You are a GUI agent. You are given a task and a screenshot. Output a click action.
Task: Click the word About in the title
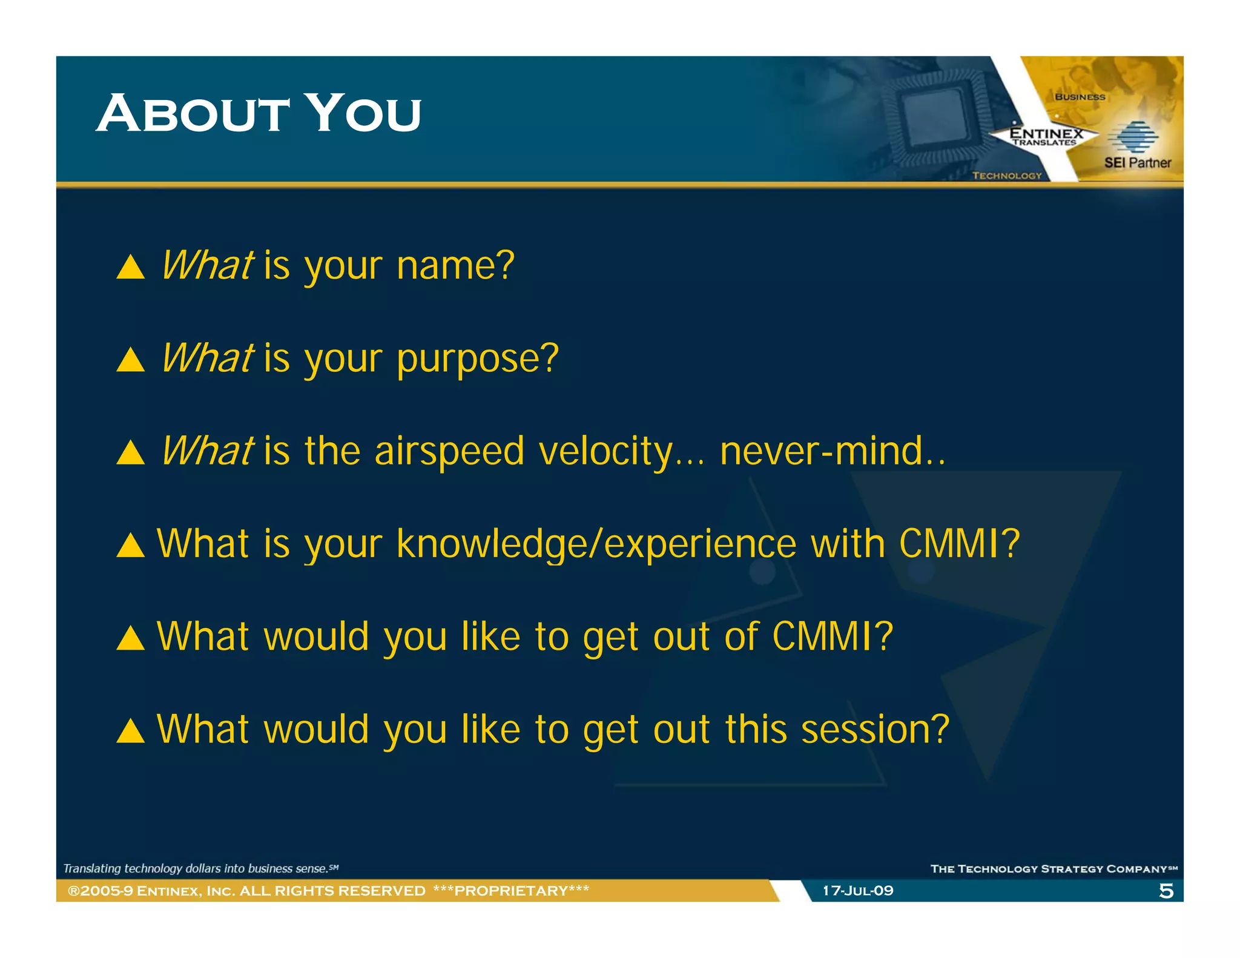pyautogui.click(x=193, y=114)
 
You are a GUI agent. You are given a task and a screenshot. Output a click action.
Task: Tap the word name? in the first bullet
pyautogui.click(x=455, y=266)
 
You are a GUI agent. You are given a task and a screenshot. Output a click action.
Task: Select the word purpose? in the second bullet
pyautogui.click(x=477, y=359)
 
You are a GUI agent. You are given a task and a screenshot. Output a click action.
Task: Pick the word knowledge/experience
pyautogui.click(x=596, y=544)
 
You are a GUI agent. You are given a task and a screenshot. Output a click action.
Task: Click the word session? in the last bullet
pyautogui.click(x=875, y=729)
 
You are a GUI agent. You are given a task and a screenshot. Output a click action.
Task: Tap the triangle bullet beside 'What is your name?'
pyautogui.click(x=130, y=267)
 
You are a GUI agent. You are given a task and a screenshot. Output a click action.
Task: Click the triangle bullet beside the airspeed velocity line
pyautogui.click(x=130, y=453)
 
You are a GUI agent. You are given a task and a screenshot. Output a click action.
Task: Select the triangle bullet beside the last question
pyautogui.click(x=130, y=731)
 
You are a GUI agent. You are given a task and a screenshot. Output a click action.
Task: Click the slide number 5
pyautogui.click(x=1166, y=891)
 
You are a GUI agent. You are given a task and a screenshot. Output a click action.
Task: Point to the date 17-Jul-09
pyautogui.click(x=857, y=891)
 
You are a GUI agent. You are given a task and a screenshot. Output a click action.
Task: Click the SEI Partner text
pyautogui.click(x=1137, y=163)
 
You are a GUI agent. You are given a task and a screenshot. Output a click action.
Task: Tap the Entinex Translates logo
pyautogui.click(x=1046, y=136)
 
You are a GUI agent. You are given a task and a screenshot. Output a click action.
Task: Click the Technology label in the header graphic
pyautogui.click(x=1006, y=176)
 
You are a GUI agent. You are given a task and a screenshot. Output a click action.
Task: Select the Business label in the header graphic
pyautogui.click(x=1080, y=97)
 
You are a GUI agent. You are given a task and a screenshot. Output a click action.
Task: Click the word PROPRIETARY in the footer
pyautogui.click(x=511, y=891)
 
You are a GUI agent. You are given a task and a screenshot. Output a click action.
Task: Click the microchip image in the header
pyautogui.click(x=933, y=115)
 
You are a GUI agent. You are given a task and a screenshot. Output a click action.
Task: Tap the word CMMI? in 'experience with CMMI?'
pyautogui.click(x=960, y=544)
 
